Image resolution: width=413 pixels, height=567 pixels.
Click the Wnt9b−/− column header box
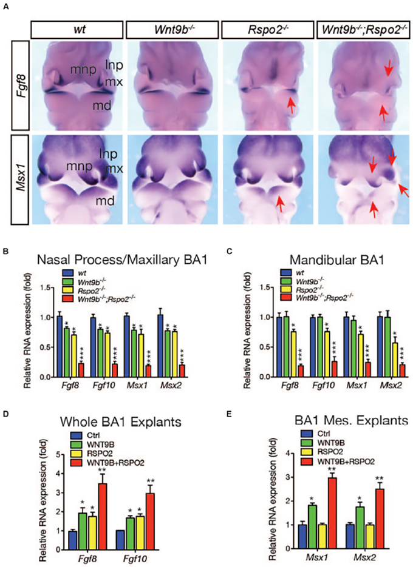pyautogui.click(x=172, y=29)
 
